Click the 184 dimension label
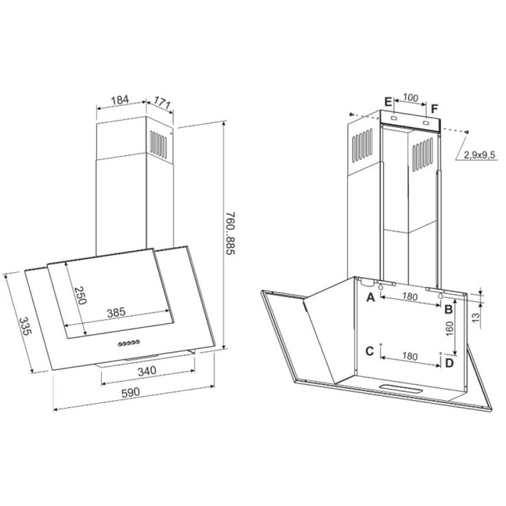pyautogui.click(x=119, y=100)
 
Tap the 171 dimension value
pyautogui.click(x=162, y=102)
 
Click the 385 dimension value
pyautogui.click(x=116, y=312)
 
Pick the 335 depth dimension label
pyautogui.click(x=25, y=327)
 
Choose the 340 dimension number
pyautogui.click(x=147, y=371)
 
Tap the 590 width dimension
pyautogui.click(x=131, y=392)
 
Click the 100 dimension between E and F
pyautogui.click(x=411, y=98)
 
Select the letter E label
pyautogui.click(x=388, y=102)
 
